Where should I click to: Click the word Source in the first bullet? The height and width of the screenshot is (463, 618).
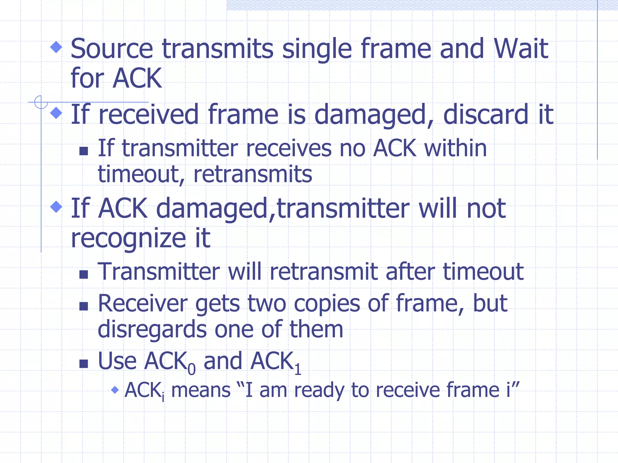(112, 49)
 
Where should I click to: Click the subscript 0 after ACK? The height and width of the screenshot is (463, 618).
(192, 370)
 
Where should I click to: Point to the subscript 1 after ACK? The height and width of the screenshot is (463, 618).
(298, 370)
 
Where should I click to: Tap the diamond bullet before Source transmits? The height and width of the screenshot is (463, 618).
(56, 47)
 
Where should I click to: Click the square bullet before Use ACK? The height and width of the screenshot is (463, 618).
(84, 364)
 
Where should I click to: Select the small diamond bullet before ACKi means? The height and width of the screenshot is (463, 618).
(115, 390)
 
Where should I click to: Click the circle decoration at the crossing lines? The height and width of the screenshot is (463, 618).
(41, 102)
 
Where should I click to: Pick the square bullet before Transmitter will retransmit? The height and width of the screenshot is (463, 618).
(84, 274)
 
